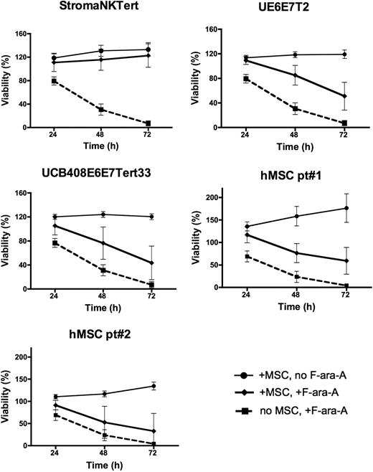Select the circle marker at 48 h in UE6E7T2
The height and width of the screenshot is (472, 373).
tap(296, 55)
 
